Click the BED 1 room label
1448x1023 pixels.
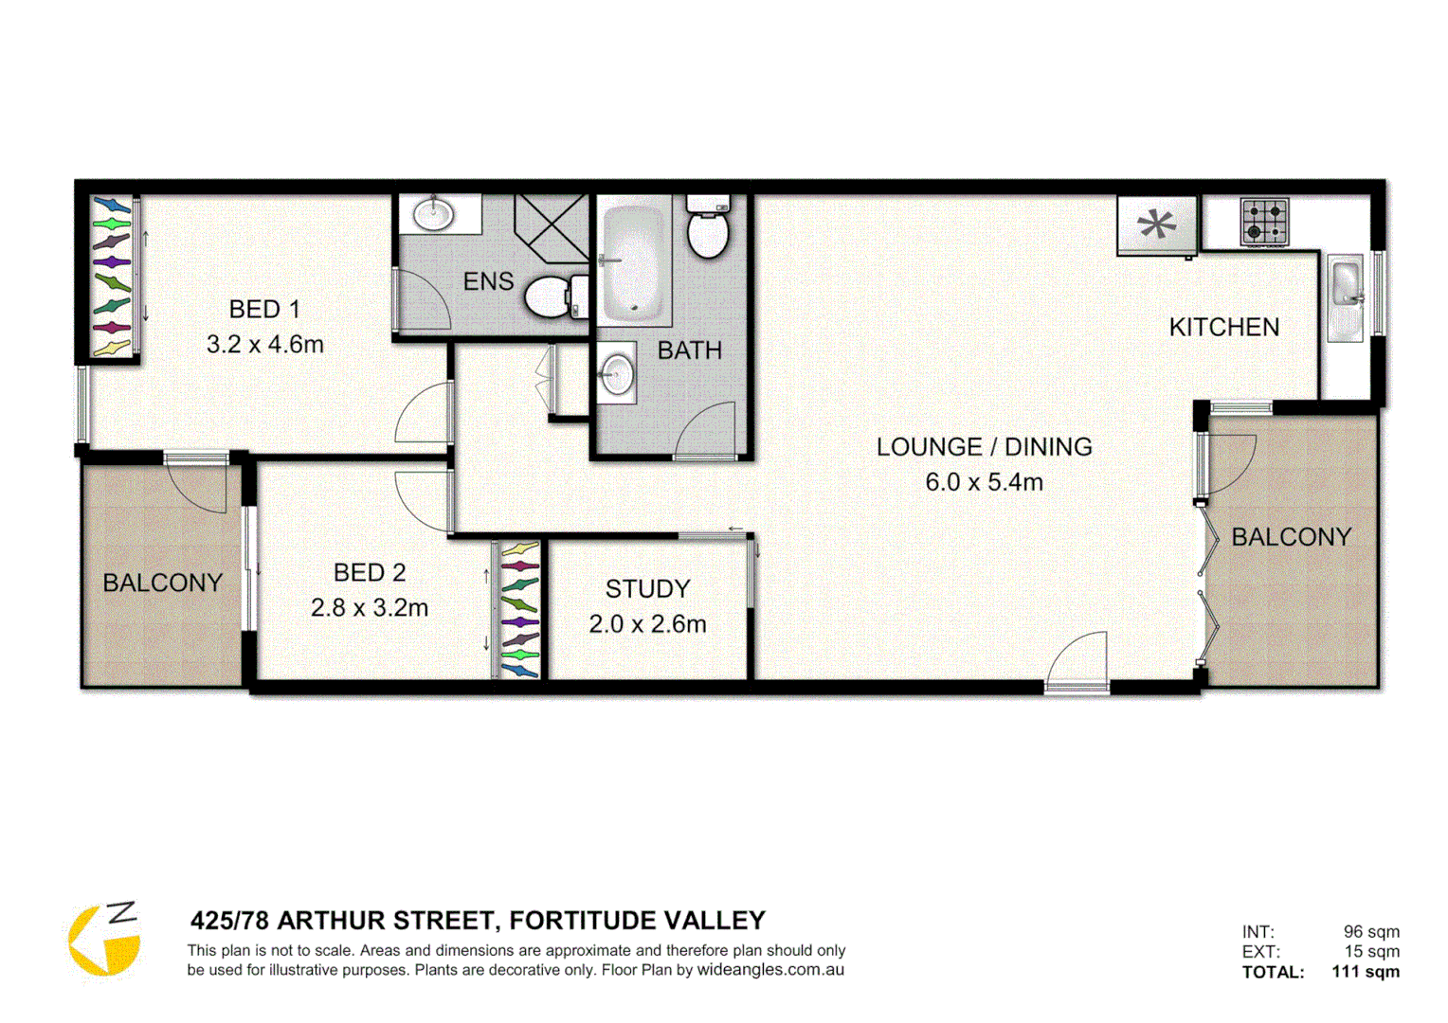click(x=264, y=310)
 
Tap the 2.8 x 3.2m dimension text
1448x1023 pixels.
click(x=370, y=608)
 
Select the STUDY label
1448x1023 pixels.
click(x=647, y=589)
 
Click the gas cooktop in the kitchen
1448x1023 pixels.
click(x=1264, y=222)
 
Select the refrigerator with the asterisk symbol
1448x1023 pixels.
click(x=1156, y=225)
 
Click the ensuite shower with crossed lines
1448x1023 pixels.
click(x=552, y=228)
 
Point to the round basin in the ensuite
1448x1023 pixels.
click(x=434, y=213)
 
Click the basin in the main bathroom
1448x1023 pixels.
click(x=616, y=373)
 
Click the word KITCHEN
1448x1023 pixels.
click(x=1223, y=328)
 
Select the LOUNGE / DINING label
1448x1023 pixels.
click(x=984, y=447)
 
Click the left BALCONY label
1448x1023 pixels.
click(x=163, y=583)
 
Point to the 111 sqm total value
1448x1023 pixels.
click(x=1365, y=972)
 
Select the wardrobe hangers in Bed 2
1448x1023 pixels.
click(x=519, y=609)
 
